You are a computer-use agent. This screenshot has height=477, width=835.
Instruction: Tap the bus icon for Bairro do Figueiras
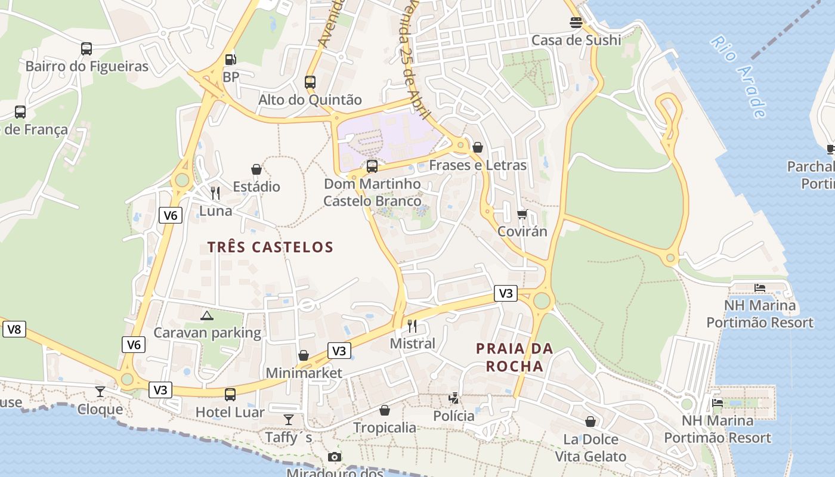click(x=86, y=48)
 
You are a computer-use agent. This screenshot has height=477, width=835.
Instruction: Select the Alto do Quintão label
click(x=310, y=100)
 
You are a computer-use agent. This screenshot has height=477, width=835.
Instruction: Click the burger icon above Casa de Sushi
click(x=576, y=23)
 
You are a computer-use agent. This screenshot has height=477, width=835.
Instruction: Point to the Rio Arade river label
click(x=738, y=76)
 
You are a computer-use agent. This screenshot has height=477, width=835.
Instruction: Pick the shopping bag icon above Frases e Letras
click(x=478, y=147)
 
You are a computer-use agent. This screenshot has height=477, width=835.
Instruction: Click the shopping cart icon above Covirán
click(x=522, y=214)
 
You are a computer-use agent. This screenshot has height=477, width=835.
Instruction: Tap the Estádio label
click(x=256, y=187)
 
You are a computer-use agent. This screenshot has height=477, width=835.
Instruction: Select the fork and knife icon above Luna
click(x=215, y=193)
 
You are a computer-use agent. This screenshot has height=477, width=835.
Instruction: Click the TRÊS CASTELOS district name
click(x=270, y=247)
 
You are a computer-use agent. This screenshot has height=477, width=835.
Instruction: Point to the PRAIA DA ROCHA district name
click(x=515, y=357)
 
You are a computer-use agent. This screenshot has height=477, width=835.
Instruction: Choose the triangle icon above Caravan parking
click(x=207, y=315)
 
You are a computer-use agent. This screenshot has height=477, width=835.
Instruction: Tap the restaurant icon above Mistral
click(x=412, y=326)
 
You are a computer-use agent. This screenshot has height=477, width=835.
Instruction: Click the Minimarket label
click(x=304, y=373)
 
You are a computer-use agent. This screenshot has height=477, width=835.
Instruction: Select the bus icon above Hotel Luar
click(x=230, y=394)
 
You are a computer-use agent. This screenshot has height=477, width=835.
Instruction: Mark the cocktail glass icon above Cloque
click(x=100, y=391)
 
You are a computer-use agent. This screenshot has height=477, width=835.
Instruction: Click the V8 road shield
click(x=14, y=329)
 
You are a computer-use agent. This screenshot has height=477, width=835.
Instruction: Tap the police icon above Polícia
click(x=454, y=398)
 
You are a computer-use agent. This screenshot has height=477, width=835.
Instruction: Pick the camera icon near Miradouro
click(x=335, y=457)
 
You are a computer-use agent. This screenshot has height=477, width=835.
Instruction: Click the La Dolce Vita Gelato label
click(x=590, y=448)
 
